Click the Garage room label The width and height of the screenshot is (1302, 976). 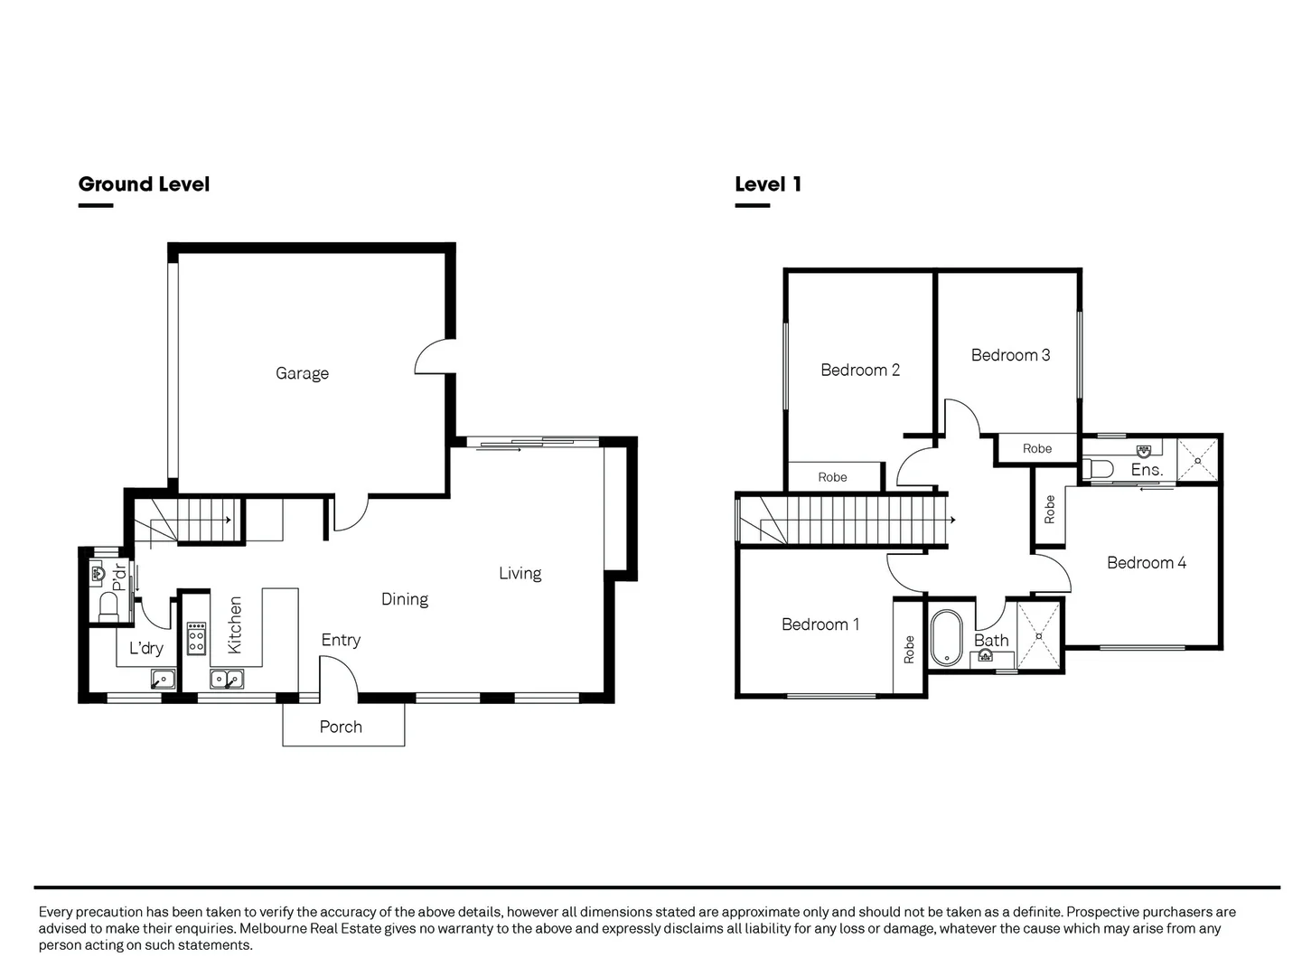click(302, 373)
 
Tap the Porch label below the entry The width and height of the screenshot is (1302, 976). click(341, 727)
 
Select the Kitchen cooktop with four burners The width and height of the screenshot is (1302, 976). click(196, 638)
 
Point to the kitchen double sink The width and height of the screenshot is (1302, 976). click(227, 678)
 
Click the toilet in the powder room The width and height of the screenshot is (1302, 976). click(109, 604)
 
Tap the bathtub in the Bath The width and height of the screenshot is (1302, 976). click(946, 636)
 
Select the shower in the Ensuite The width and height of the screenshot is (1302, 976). click(1198, 461)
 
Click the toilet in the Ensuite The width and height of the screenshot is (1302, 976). click(1097, 469)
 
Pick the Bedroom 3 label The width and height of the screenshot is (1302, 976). click(1010, 355)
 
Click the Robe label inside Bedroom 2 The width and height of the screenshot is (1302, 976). click(832, 477)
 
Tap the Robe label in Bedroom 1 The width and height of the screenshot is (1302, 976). click(909, 650)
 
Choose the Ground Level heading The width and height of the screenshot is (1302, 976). click(144, 184)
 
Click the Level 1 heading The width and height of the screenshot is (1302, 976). click(768, 184)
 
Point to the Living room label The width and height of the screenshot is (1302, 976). click(520, 573)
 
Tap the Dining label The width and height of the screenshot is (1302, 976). click(404, 599)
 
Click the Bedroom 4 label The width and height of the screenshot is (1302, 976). click(1146, 563)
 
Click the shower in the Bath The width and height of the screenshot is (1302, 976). click(1039, 635)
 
